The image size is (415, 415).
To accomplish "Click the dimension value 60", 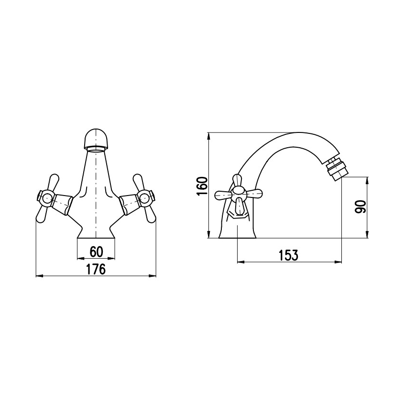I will coord(96,251).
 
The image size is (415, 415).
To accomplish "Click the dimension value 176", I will coord(96,269).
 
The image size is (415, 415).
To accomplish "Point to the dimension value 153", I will coord(288,255).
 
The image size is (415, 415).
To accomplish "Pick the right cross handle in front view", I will coord(144,198).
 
